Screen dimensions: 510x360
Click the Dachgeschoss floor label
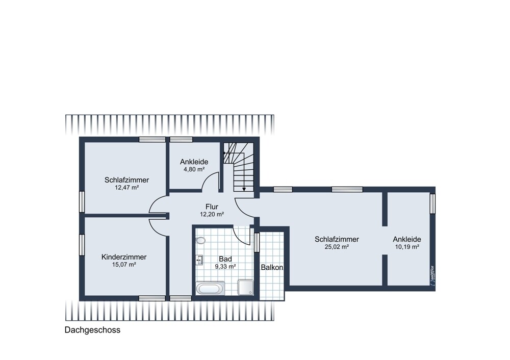pos(92,330)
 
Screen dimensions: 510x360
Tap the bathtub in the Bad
pos(210,289)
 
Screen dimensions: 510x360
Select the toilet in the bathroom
pos(200,241)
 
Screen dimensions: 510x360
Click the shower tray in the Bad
pos(246,288)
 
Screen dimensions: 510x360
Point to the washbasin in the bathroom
pos(199,260)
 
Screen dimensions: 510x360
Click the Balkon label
pos(272,267)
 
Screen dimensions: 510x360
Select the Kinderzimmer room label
pos(124,257)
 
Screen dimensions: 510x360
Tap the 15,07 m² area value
pos(124,265)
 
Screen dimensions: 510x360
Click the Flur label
pos(212,207)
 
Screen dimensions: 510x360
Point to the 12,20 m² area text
pos(212,214)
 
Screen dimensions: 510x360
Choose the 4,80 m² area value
pos(194,169)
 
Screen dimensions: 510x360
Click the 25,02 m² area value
pos(337,247)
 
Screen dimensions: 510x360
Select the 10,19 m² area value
pos(407,247)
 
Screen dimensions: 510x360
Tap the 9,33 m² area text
pos(225,266)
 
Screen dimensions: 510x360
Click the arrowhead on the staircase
pos(244,189)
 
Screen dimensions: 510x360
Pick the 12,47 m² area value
pos(127,188)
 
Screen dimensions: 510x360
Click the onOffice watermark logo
pos(432,276)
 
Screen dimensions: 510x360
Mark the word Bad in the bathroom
pos(225,259)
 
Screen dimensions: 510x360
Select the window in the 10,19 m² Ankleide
pos(432,204)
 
